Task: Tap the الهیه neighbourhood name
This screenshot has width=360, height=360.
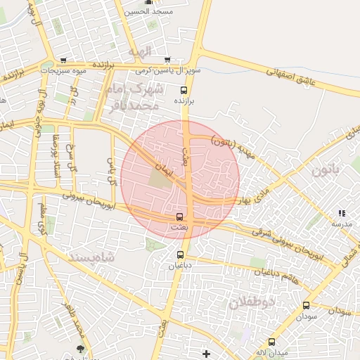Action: (140, 51)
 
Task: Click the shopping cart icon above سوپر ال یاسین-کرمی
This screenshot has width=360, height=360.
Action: (167, 60)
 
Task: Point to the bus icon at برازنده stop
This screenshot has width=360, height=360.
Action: (184, 90)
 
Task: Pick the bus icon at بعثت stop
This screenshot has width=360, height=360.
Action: (179, 217)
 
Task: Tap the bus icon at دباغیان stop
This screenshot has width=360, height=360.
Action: (180, 255)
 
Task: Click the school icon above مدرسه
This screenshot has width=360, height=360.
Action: (342, 212)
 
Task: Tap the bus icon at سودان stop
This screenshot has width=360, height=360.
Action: (306, 305)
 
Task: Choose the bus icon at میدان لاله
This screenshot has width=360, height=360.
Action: (271, 342)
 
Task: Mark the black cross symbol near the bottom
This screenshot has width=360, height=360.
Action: (206, 353)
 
